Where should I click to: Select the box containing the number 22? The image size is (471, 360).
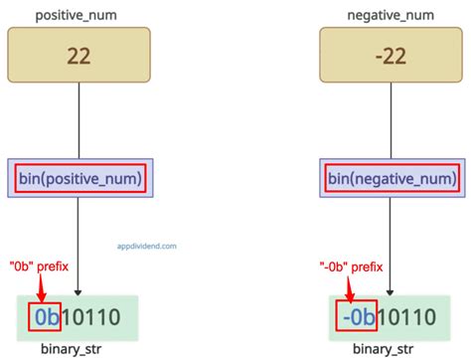coord(78,55)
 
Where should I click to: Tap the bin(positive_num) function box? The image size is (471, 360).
coord(78,179)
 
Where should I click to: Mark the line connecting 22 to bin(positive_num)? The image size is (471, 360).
coord(78,119)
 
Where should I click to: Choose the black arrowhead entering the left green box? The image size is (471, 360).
coord(78,290)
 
